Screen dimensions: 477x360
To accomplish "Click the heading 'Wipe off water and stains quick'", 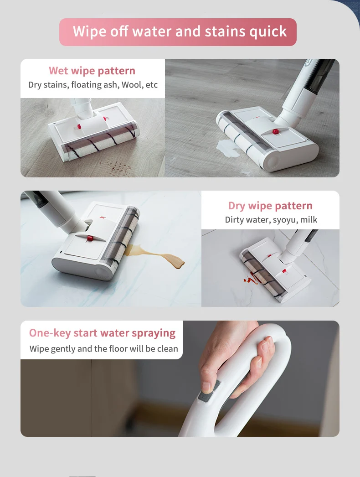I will pyautogui.click(x=180, y=31).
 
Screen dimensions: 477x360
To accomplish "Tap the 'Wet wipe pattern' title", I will pyautogui.click(x=92, y=71).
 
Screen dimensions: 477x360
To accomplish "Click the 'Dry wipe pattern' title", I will pyautogui.click(x=270, y=206).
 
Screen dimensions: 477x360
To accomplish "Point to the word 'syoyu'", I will pyautogui.click(x=284, y=220).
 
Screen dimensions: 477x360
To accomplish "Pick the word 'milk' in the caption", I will pyautogui.click(x=309, y=220).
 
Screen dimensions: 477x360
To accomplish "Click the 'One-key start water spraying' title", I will pyautogui.click(x=102, y=333).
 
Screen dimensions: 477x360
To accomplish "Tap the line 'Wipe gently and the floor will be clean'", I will pyautogui.click(x=103, y=349).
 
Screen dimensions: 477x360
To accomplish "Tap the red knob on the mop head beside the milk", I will pyautogui.click(x=275, y=131).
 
